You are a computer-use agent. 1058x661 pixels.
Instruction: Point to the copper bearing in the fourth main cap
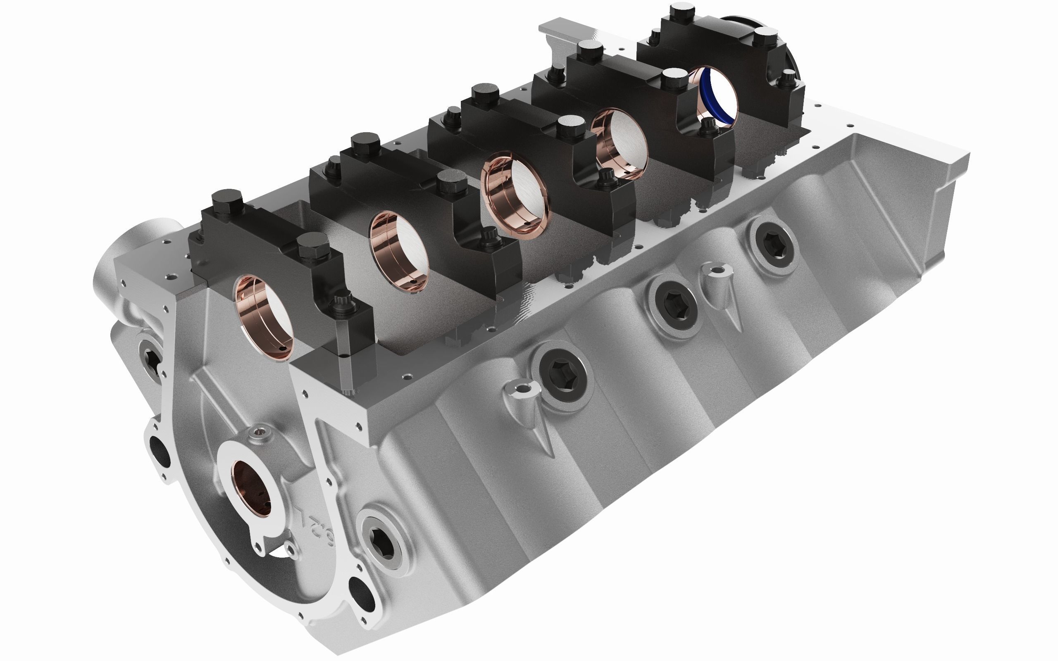click(619, 142)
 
